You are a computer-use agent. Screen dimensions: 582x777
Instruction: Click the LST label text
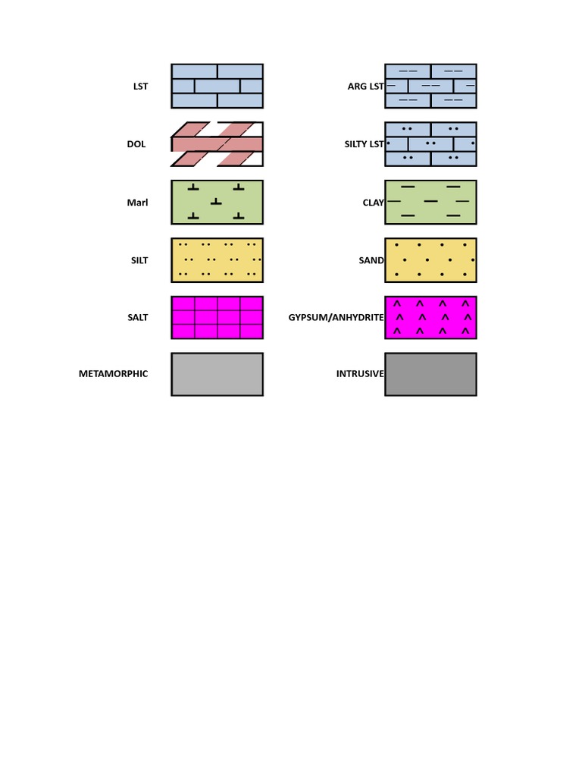tap(140, 87)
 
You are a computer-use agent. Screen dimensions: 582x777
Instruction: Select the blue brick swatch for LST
tap(217, 86)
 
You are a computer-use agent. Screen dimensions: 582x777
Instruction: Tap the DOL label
tap(136, 144)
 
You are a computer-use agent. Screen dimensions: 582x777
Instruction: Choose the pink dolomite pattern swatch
tap(217, 144)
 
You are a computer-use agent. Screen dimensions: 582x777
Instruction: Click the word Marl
tap(137, 203)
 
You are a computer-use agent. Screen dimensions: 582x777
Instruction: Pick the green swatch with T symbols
tap(217, 202)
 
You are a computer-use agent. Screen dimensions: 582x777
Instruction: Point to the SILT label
tap(139, 260)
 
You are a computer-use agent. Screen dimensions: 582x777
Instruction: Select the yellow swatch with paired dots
tap(217, 260)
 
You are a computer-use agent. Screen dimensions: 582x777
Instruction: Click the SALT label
tap(138, 317)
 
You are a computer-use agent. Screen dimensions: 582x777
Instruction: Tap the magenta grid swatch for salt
tap(217, 317)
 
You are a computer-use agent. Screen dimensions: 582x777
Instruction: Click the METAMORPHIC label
tap(114, 373)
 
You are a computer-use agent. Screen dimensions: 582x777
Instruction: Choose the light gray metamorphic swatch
tap(217, 374)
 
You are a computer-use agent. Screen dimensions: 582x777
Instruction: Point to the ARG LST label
tap(366, 87)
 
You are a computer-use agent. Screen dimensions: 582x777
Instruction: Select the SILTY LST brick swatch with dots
tap(430, 144)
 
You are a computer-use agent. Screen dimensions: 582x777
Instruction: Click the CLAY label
tap(373, 203)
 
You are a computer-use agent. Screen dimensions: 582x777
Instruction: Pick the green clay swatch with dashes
tap(430, 202)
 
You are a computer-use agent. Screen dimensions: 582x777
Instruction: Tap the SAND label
tap(371, 260)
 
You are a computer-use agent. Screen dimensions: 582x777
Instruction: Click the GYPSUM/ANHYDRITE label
tap(336, 317)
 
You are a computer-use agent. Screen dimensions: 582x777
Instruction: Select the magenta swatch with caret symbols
tap(430, 317)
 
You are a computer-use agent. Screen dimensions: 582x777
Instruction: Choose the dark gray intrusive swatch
tap(430, 374)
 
